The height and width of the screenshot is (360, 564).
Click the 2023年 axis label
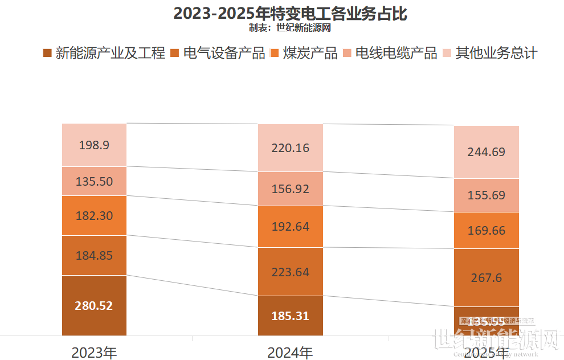(94, 353)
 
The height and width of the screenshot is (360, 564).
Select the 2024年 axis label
(290, 353)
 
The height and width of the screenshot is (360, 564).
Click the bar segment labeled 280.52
(94, 305)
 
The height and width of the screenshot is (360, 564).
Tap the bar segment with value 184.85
(94, 255)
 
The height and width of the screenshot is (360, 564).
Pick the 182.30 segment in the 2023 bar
(94, 216)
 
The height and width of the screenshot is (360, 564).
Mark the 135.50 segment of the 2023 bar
(94, 181)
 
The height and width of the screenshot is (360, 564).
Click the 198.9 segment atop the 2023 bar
(94, 145)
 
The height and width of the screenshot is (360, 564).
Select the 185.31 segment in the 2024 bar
(290, 316)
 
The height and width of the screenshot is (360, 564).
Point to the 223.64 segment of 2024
(290, 272)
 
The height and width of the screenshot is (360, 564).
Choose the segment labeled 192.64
(290, 226)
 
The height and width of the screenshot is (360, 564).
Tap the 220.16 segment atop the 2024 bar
(290, 148)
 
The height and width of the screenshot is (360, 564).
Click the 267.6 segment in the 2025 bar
(487, 277)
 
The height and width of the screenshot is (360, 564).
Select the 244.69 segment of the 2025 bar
(487, 152)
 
